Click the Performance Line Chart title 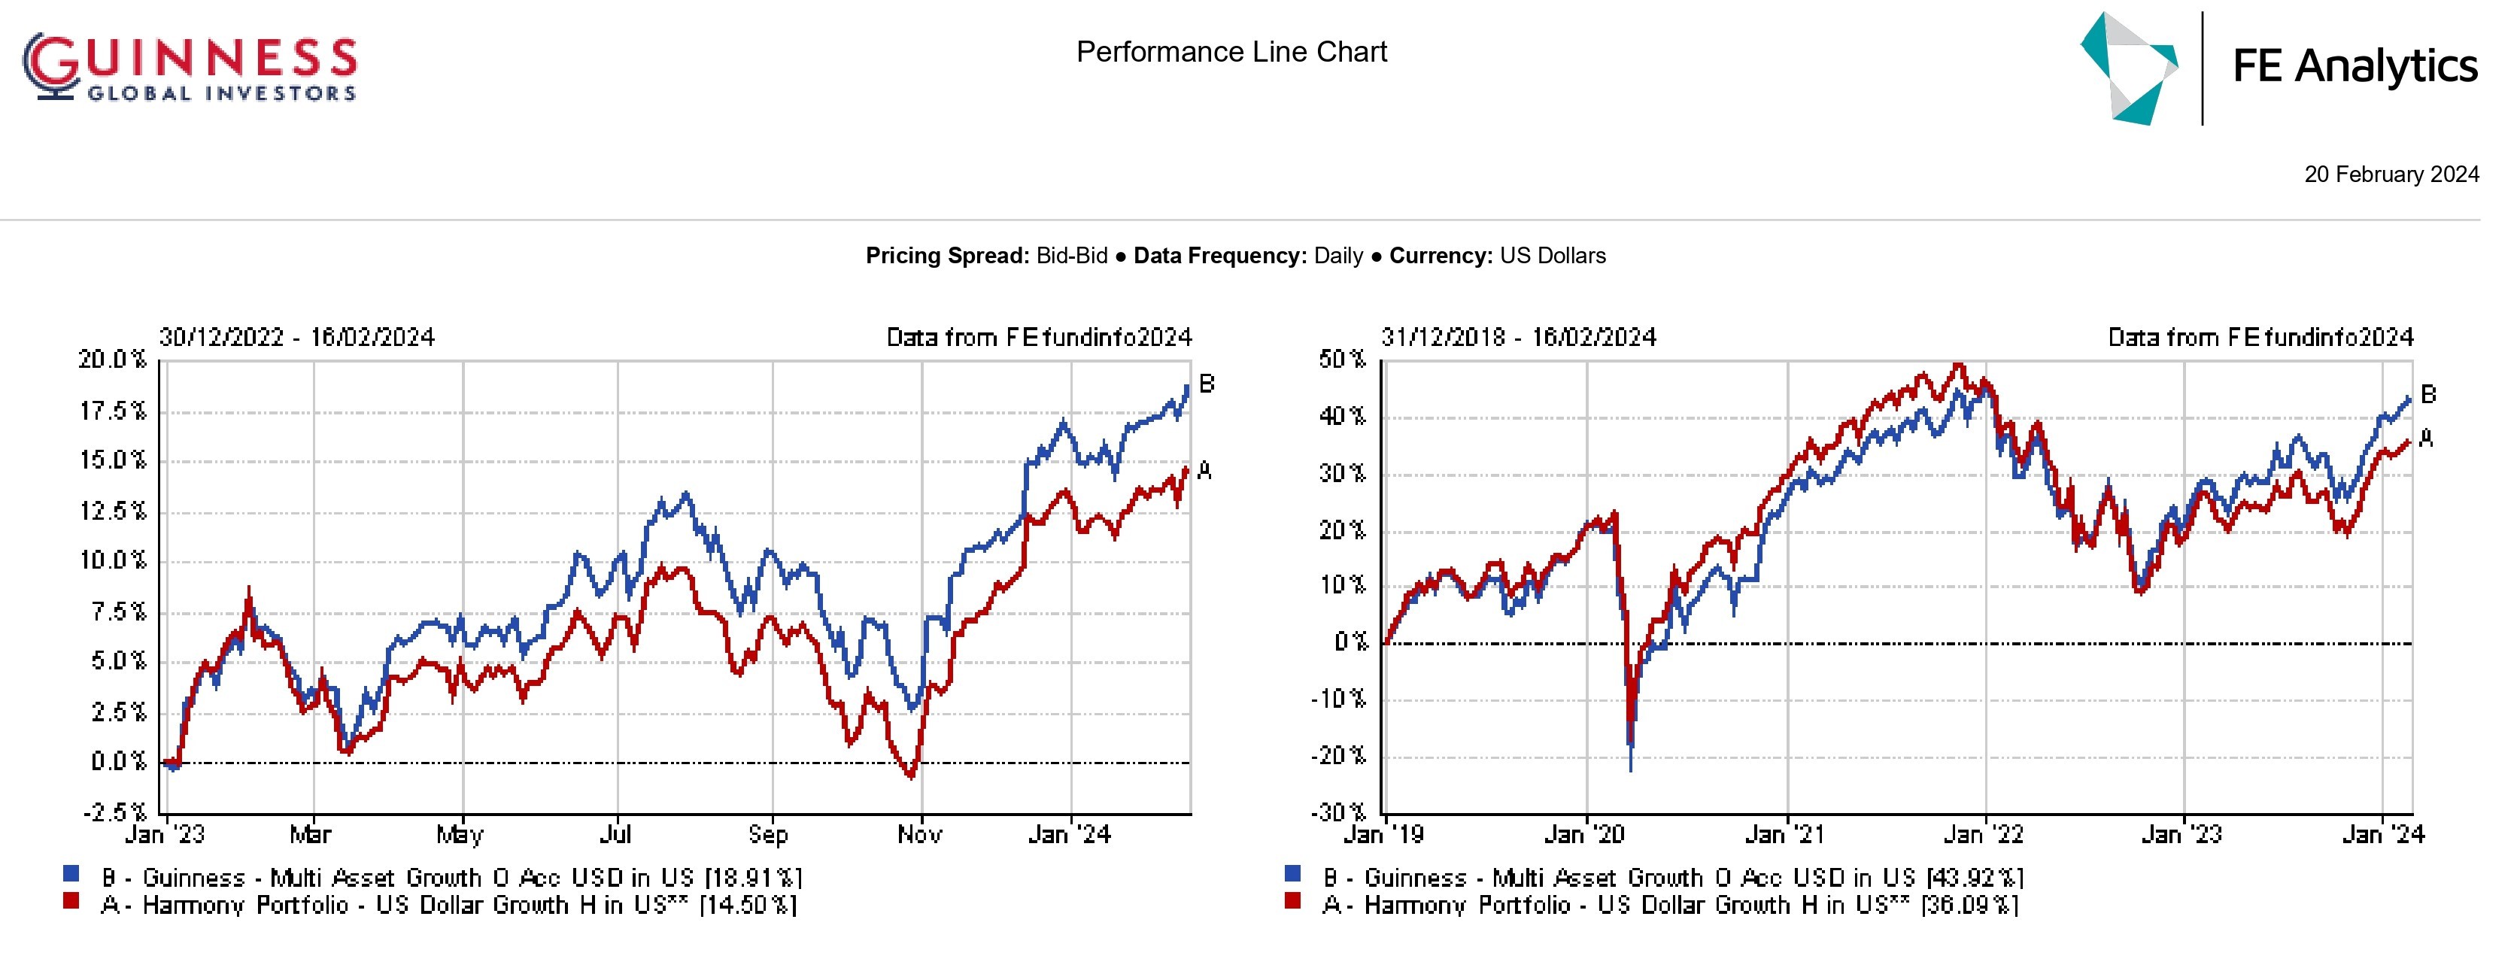click(1231, 52)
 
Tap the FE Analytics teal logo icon click(2129, 68)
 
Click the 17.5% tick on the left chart click(113, 411)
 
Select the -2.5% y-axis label click(114, 812)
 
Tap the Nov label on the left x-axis click(918, 834)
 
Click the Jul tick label click(615, 834)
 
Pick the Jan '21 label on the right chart click(1784, 834)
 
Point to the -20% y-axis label click(1337, 756)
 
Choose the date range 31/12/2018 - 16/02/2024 click(1518, 337)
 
